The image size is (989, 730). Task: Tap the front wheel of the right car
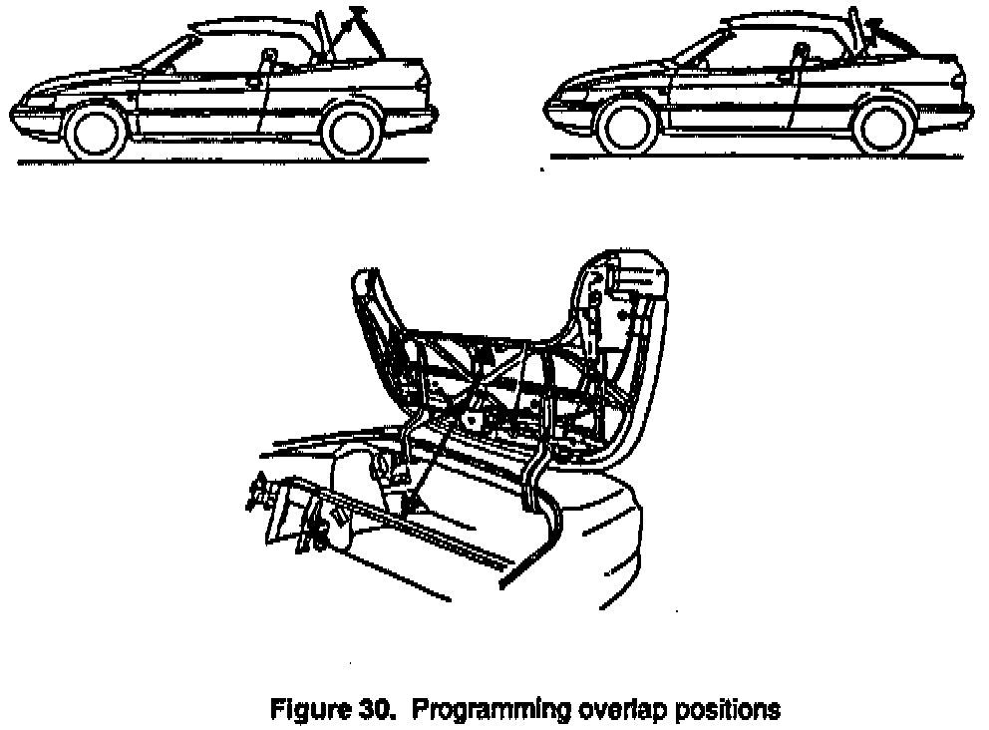[632, 127]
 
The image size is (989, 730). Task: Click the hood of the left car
[80, 85]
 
